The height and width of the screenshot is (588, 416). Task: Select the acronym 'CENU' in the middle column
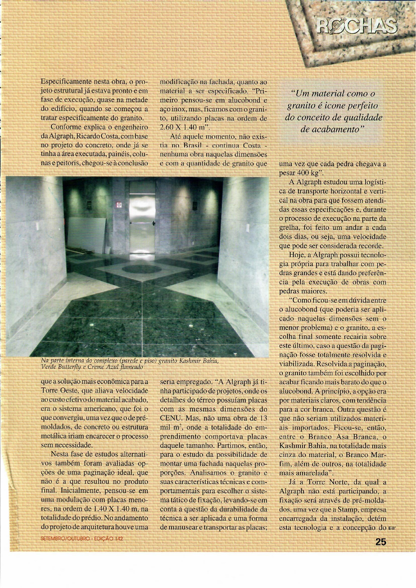pos(170,418)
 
